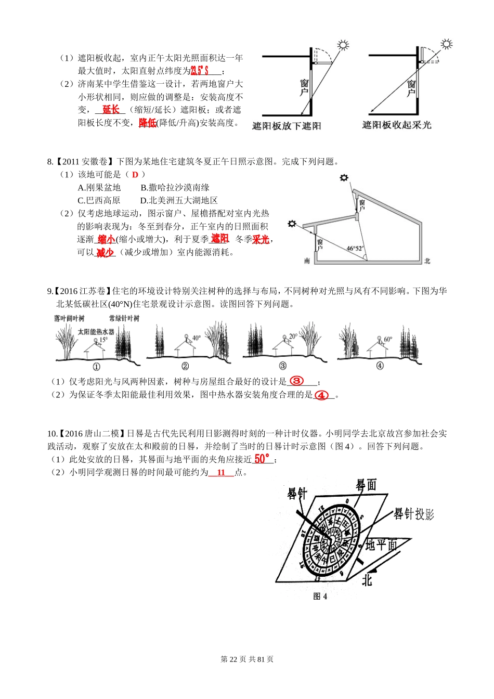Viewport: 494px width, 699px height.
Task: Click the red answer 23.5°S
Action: click(200, 71)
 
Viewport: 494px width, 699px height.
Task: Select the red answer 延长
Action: click(111, 110)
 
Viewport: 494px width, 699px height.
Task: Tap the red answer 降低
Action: click(147, 123)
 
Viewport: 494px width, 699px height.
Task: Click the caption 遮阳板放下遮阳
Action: click(287, 126)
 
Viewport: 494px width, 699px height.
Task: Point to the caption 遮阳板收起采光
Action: click(397, 125)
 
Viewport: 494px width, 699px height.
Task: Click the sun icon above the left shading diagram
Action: click(343, 45)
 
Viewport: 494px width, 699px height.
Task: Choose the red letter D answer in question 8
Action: click(135, 175)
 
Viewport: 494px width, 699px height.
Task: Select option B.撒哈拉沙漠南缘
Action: click(175, 188)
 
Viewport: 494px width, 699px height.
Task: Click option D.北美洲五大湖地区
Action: click(179, 201)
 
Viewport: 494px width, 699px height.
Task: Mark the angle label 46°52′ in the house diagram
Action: click(355, 249)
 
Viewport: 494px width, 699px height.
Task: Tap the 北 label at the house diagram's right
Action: click(427, 261)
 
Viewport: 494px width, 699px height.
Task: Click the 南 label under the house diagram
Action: click(307, 261)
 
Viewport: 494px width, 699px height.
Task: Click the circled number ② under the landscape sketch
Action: click(185, 366)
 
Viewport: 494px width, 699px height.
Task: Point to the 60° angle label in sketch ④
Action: click(388, 339)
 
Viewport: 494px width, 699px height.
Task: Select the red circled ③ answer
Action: click(296, 381)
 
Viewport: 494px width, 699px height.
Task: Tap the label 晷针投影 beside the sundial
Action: click(413, 514)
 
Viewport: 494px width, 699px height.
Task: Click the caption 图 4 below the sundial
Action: click(320, 597)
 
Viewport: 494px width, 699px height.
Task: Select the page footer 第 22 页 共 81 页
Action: click(247, 659)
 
